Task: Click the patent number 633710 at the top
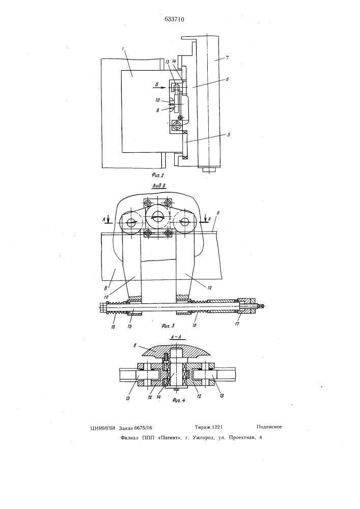click(174, 19)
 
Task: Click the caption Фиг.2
click(158, 175)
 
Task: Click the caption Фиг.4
click(179, 400)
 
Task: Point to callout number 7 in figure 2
click(228, 58)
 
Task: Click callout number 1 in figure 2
click(123, 49)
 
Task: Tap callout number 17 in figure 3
click(237, 324)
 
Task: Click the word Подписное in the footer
click(269, 427)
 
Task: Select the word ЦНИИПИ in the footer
click(102, 428)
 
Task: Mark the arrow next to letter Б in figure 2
click(161, 87)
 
